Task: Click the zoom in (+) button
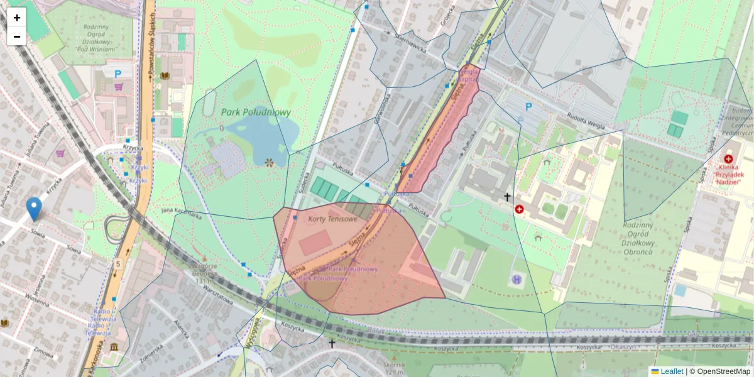tap(17, 18)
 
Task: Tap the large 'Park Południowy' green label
tap(256, 112)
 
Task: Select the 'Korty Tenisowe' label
tap(332, 219)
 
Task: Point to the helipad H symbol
tap(517, 278)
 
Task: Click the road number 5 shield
tap(117, 264)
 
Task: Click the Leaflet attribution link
tap(671, 371)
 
